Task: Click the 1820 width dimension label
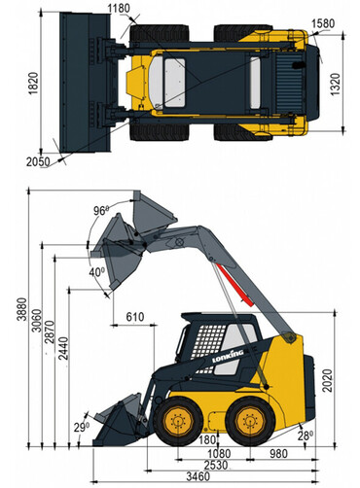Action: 33,84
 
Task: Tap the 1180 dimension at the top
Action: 119,9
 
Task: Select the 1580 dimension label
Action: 323,23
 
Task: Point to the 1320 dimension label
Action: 336,85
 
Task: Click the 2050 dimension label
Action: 38,161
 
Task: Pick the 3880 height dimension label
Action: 22,309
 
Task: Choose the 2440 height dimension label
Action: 63,349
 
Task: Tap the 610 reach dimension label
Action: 135,317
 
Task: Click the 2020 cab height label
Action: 328,381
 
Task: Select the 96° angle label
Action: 100,211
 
